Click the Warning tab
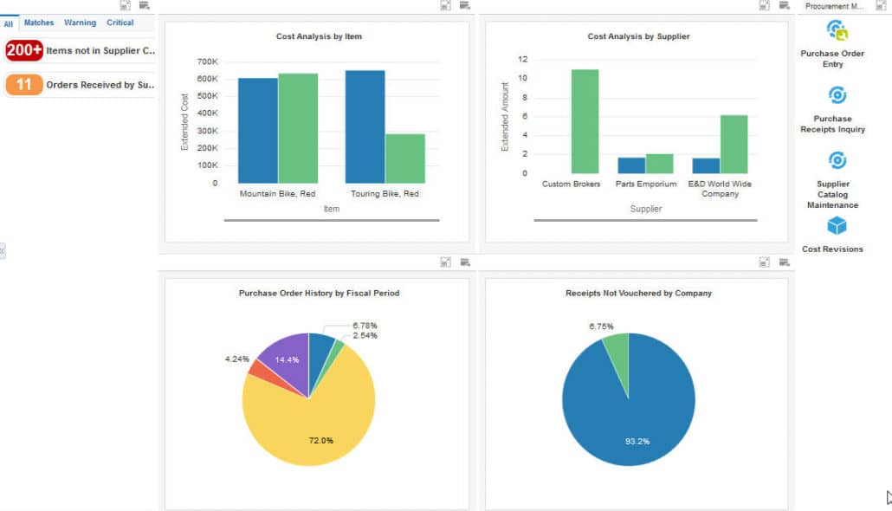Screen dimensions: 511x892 pyautogui.click(x=80, y=23)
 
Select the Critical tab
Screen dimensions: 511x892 pyautogui.click(x=120, y=23)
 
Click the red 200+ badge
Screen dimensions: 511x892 pyautogui.click(x=24, y=50)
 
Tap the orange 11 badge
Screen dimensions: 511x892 pyautogui.click(x=24, y=85)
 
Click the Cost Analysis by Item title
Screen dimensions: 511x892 pyautogui.click(x=319, y=36)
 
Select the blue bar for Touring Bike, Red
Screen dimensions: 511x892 pyautogui.click(x=365, y=126)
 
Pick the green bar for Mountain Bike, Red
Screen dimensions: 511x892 pyautogui.click(x=298, y=128)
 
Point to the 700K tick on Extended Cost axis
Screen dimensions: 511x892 pyautogui.click(x=208, y=62)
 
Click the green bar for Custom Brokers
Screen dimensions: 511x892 pyautogui.click(x=585, y=121)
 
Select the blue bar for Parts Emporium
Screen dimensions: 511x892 pyautogui.click(x=631, y=165)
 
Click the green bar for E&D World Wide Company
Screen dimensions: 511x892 pyautogui.click(x=734, y=144)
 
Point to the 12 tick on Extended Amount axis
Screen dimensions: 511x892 pyautogui.click(x=523, y=60)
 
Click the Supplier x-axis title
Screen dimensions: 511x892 pyautogui.click(x=645, y=209)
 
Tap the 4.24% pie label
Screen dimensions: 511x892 pyautogui.click(x=236, y=358)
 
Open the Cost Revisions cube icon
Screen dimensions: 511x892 pyautogui.click(x=837, y=226)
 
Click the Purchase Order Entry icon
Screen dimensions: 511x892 pyautogui.click(x=837, y=31)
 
